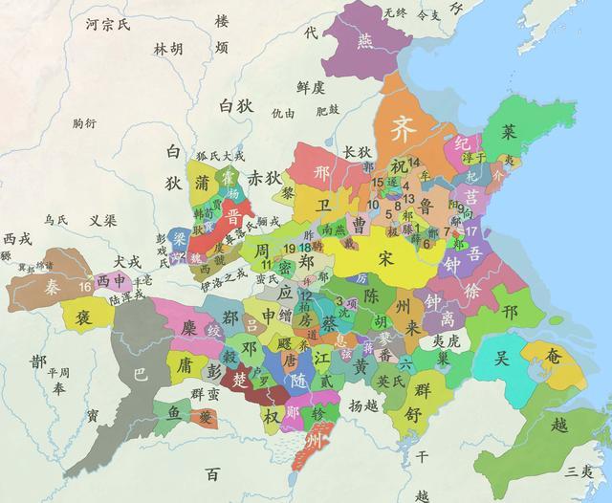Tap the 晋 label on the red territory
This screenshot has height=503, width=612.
click(233, 215)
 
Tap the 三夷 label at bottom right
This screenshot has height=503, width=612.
click(579, 469)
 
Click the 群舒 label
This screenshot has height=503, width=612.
click(422, 401)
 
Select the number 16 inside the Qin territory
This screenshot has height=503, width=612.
click(86, 286)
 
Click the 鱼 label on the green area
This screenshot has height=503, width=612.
click(172, 413)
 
